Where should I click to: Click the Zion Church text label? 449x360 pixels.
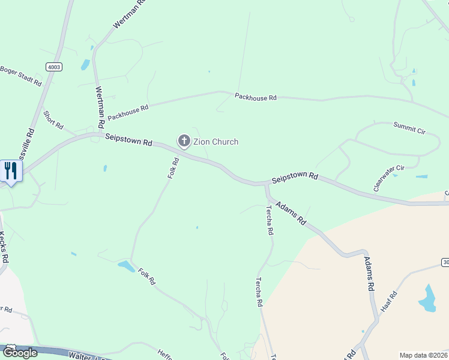pos(215,142)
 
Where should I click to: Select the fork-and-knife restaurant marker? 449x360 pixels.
pos(11,170)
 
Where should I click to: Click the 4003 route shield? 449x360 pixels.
pos(53,67)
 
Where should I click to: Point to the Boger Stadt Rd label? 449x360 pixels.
pos(20,75)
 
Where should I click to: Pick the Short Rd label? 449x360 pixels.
pos(53,119)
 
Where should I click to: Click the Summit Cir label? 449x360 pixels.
pos(409,127)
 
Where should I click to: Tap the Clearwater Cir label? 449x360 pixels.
pos(388,178)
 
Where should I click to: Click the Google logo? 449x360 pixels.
pos(20,352)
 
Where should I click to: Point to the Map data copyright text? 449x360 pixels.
pos(423,355)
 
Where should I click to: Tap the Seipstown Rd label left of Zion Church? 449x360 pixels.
pos(128,140)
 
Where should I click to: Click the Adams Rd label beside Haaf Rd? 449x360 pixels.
pos(368,274)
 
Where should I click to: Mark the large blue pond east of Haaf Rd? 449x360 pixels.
pos(427,298)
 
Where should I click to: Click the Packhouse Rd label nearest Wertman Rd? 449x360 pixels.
pos(128,112)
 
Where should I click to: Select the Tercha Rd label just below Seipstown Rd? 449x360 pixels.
pos(270,220)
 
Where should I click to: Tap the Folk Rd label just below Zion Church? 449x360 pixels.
pos(173,167)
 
